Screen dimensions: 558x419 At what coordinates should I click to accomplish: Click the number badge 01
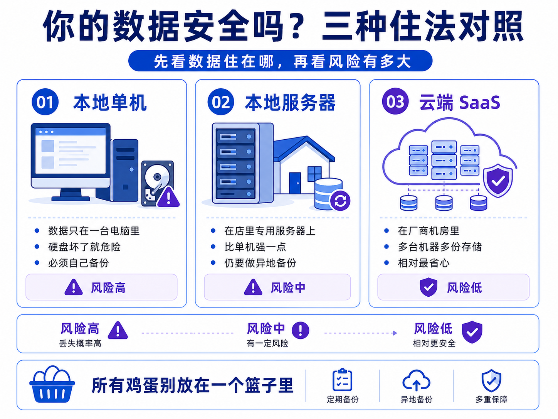(45, 102)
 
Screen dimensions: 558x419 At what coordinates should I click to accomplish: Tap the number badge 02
(221, 102)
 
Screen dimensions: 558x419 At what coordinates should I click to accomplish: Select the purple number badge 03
(395, 101)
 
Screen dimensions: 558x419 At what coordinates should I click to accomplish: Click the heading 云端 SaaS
(460, 102)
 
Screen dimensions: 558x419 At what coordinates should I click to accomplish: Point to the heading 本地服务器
(290, 102)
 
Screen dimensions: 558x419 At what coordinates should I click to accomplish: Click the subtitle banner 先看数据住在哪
(280, 61)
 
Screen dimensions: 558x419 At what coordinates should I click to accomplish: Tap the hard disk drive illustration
(157, 183)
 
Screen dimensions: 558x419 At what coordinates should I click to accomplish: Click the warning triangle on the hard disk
(168, 197)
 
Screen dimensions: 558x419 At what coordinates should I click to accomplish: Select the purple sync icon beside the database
(340, 201)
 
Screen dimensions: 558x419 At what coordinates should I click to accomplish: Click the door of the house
(295, 183)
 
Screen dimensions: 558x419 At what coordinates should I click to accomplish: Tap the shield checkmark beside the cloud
(498, 181)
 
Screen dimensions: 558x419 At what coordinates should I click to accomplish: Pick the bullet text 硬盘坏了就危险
(84, 247)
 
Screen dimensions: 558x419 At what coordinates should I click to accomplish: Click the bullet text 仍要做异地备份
(261, 263)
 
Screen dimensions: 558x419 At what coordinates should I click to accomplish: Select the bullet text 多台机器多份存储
(440, 247)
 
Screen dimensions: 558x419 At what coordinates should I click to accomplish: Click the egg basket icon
(52, 384)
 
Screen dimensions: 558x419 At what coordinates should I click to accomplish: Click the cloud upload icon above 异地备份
(416, 380)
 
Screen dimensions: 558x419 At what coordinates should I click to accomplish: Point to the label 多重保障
(491, 400)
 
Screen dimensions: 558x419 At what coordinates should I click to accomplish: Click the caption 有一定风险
(267, 343)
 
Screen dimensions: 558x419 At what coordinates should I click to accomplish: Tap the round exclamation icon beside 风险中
(301, 330)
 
